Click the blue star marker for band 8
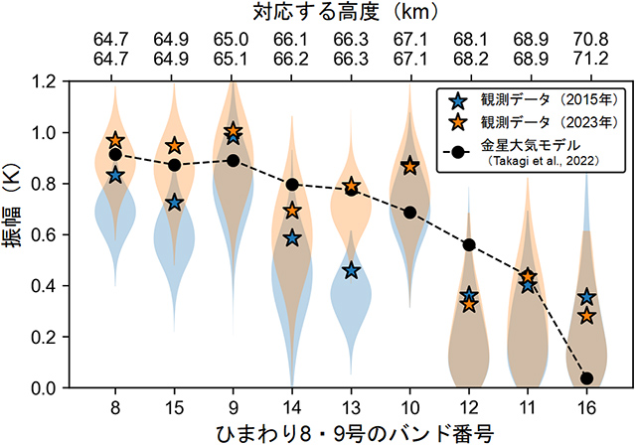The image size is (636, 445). click(115, 175)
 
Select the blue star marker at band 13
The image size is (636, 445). click(351, 270)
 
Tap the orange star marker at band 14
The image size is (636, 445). click(292, 211)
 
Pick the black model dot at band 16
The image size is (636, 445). click(586, 378)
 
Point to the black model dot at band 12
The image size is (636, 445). click(469, 244)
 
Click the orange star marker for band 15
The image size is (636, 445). click(174, 146)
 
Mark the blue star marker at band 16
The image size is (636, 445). click(586, 297)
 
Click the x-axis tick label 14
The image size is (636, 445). click(292, 406)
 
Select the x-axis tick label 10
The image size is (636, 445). click(409, 406)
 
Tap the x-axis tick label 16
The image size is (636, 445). click(586, 406)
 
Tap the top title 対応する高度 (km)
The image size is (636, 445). click(351, 13)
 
